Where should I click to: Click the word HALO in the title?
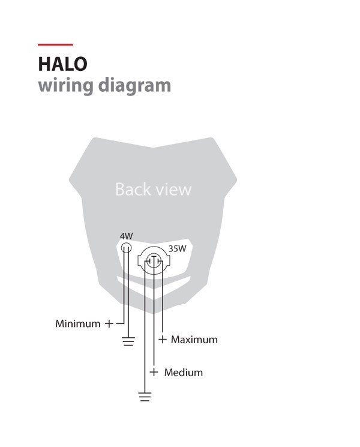click(x=63, y=64)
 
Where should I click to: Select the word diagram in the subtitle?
click(x=134, y=86)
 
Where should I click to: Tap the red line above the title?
click(x=55, y=44)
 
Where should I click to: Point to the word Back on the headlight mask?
click(x=133, y=189)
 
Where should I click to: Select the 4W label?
click(x=126, y=236)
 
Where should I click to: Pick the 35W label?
click(x=177, y=248)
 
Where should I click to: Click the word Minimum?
click(x=78, y=323)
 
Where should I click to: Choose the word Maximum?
click(x=194, y=340)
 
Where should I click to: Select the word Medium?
click(x=184, y=373)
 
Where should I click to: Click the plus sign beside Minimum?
click(x=109, y=324)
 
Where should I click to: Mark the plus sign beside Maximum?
click(x=162, y=339)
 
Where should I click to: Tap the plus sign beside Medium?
click(x=154, y=372)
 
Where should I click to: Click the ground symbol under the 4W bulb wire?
click(x=128, y=341)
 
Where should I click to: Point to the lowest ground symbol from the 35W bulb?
click(x=145, y=397)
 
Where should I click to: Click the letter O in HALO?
click(x=80, y=64)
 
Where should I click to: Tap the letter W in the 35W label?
click(x=182, y=248)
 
